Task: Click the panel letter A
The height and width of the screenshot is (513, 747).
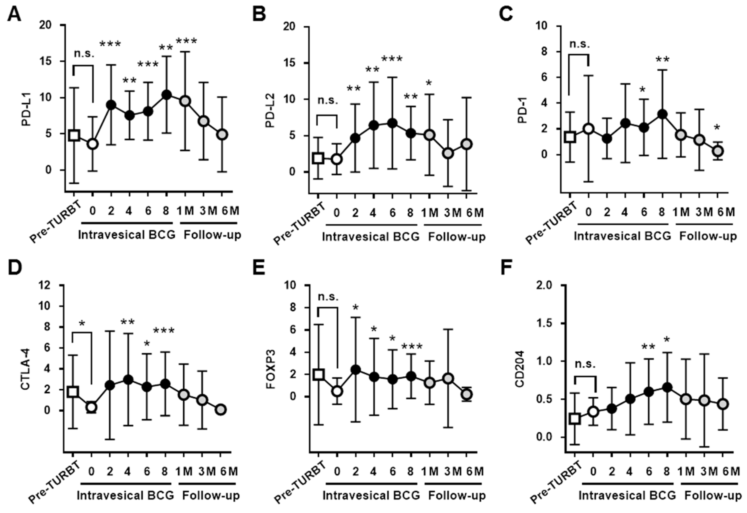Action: (14, 14)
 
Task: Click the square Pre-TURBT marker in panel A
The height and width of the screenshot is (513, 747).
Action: (74, 135)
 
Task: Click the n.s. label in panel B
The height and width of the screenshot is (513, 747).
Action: (328, 101)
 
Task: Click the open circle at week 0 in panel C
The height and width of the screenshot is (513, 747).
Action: (588, 129)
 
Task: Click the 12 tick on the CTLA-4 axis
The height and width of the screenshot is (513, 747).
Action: (45, 285)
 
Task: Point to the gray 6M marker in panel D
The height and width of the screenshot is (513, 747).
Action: (221, 410)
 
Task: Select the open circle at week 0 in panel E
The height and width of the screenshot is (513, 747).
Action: (337, 391)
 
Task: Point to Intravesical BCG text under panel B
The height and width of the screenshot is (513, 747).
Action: (371, 237)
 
